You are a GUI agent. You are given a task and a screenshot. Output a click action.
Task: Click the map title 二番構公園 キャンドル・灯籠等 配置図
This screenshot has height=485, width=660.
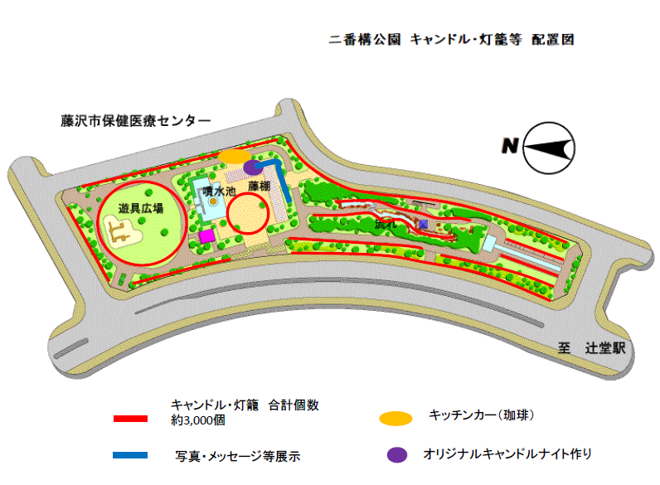[451, 40]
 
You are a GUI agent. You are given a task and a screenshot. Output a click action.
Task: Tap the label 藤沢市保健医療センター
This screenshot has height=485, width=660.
[135, 121]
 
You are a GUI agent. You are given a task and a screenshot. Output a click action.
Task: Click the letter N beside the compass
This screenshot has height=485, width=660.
[510, 146]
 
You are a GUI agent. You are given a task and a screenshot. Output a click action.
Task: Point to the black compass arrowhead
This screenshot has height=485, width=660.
[548, 148]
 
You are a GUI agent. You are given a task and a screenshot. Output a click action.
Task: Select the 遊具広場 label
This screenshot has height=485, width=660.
[141, 208]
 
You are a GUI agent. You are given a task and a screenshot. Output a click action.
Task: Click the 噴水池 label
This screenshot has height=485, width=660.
[219, 192]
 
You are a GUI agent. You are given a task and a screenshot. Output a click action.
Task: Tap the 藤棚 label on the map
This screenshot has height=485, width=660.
[259, 186]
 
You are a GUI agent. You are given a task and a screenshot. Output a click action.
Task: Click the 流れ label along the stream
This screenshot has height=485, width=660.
[386, 224]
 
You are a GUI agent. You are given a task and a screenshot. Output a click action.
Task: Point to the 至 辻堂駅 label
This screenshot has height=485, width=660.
[591, 348]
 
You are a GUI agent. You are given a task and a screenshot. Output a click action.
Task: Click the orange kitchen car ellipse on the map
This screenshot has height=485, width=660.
[235, 156]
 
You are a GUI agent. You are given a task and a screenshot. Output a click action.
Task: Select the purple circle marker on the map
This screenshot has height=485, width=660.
[252, 167]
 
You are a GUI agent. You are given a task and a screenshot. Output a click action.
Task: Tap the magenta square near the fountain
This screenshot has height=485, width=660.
[207, 236]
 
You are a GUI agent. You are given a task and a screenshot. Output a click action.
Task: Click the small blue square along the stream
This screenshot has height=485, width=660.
[423, 225]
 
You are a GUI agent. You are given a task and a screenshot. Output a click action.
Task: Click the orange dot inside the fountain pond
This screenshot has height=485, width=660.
[213, 201]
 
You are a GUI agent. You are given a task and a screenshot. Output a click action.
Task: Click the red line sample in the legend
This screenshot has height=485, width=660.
[130, 419]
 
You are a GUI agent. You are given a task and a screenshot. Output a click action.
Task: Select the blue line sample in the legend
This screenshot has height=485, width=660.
[130, 455]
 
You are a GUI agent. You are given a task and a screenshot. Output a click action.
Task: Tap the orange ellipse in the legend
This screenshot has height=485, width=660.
[396, 419]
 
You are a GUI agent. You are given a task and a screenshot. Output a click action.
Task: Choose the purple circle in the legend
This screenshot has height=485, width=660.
[397, 454]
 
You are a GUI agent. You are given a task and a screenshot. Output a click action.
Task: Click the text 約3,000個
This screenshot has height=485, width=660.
[198, 420]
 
